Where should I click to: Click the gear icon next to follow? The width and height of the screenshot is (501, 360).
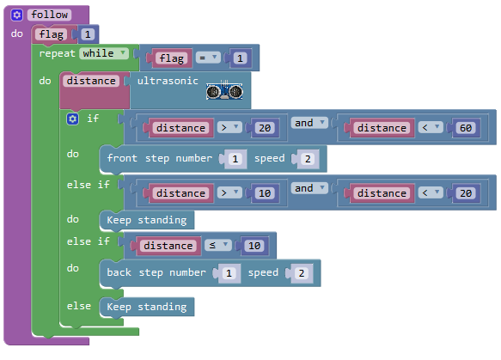16,15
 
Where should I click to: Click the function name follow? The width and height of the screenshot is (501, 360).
49,15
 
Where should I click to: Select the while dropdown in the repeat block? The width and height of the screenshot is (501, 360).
104,53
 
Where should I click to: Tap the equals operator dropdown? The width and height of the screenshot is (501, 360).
208,58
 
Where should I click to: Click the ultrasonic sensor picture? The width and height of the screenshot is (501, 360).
224,91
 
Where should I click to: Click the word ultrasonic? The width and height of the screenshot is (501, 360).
168,81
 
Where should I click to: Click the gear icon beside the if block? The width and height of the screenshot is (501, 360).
72,119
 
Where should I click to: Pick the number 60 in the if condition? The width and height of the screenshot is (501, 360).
466,128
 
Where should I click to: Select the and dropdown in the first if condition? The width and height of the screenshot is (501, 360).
309,123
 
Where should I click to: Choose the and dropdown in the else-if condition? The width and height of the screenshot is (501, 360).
309,188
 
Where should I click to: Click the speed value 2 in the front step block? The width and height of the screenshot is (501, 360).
308,159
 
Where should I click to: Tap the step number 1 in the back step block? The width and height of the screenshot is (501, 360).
229,273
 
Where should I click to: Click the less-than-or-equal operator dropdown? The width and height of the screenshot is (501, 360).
218,246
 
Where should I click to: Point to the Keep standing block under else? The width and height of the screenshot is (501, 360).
147,307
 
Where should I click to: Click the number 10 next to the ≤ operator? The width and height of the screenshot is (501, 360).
254,246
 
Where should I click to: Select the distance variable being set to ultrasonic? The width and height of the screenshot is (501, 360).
91,81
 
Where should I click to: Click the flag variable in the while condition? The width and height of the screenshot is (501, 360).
172,58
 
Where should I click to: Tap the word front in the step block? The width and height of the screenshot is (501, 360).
122,158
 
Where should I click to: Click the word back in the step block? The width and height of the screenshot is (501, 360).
119,272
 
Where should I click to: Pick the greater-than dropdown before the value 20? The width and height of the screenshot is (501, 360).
229,128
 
